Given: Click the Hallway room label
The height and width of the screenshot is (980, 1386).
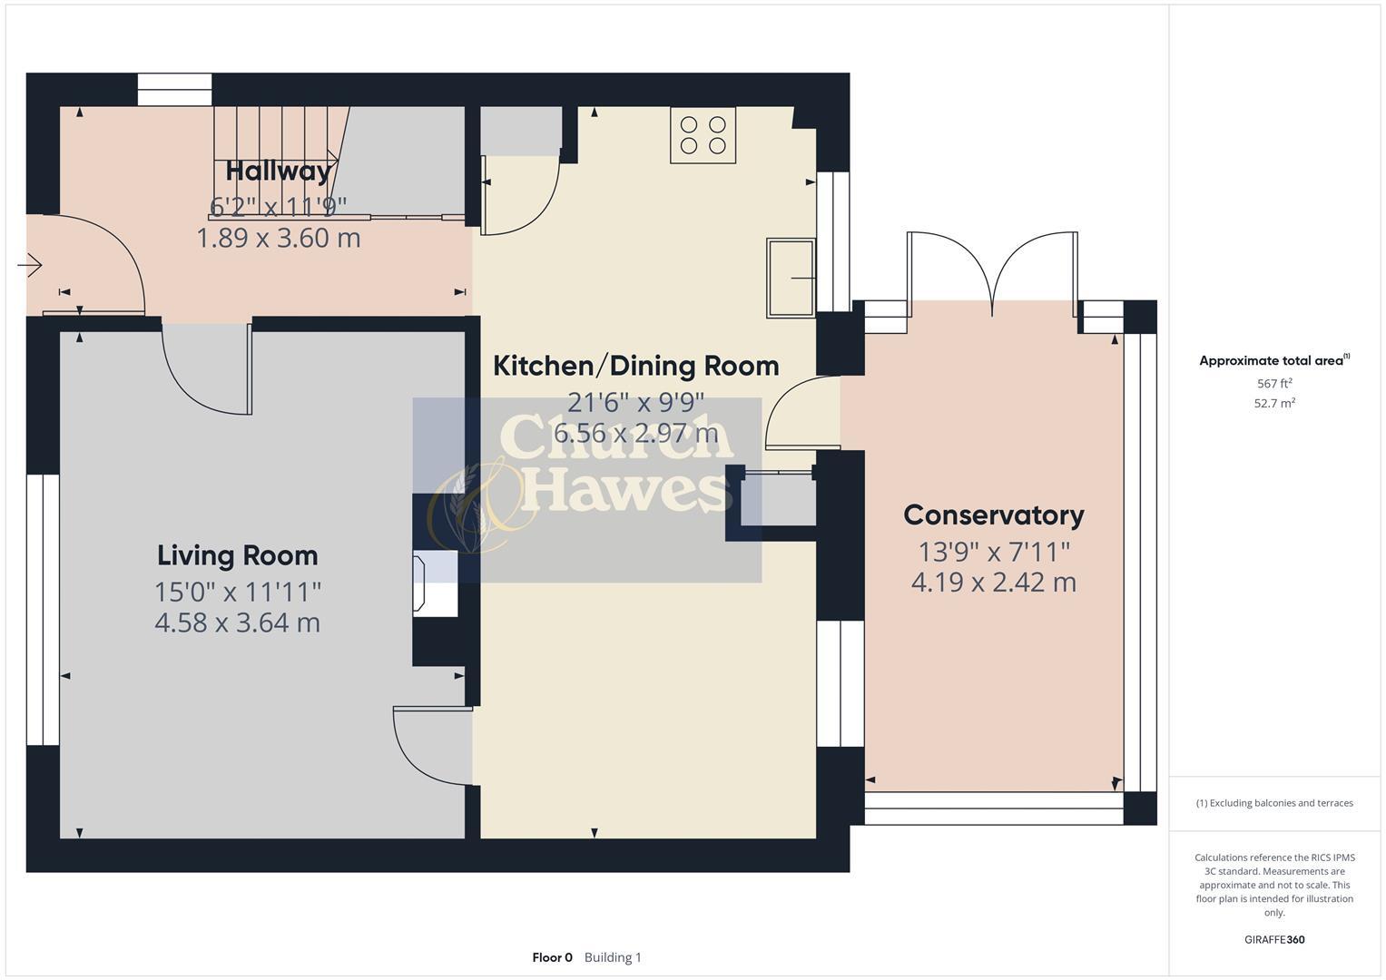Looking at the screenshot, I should [x=278, y=171].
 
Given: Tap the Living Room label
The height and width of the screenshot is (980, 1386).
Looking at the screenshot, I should [x=237, y=555].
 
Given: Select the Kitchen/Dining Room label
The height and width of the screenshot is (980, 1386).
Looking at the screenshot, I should [x=635, y=366].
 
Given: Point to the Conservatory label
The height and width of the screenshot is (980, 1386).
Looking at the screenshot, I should [x=993, y=515].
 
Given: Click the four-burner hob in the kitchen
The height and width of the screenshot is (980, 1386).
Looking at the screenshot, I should [x=703, y=135].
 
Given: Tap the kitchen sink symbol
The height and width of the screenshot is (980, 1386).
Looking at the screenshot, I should [x=791, y=278].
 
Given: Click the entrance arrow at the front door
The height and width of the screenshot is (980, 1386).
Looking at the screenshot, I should [x=30, y=265].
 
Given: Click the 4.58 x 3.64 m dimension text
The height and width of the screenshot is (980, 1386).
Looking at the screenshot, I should [x=237, y=623].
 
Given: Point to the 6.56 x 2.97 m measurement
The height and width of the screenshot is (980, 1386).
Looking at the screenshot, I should [x=635, y=434].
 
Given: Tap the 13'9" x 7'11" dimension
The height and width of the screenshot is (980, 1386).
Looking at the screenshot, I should [x=993, y=552].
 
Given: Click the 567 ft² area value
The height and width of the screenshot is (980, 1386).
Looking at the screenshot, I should [x=1273, y=384].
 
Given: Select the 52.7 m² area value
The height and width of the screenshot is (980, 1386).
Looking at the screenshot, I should [x=1273, y=404].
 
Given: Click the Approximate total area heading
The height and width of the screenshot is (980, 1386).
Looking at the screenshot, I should [x=1273, y=360].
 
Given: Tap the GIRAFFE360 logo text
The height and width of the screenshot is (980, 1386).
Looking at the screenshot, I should [x=1273, y=939].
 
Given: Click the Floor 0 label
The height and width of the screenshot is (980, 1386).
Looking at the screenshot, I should [x=552, y=957].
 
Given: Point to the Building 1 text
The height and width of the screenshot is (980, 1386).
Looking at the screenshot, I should [x=613, y=957].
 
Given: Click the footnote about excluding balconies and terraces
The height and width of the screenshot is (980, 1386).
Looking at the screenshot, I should [x=1273, y=803].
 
